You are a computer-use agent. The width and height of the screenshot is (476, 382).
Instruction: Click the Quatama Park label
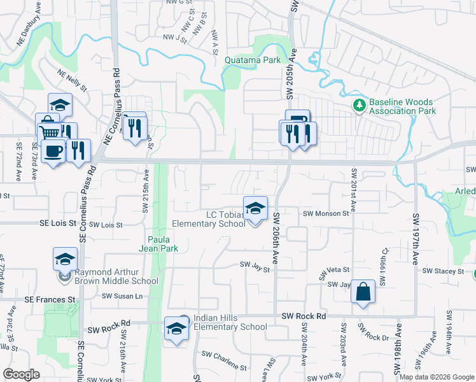pyautogui.click(x=253, y=60)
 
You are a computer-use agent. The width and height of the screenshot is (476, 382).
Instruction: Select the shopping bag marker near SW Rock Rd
pyautogui.click(x=362, y=292)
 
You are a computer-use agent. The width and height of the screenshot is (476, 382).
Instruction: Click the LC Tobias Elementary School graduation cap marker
pyautogui.click(x=255, y=209)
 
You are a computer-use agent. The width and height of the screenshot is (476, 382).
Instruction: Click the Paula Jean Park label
pyautogui.click(x=159, y=244)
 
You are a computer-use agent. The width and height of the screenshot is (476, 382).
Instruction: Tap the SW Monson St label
pyautogui.click(x=326, y=215)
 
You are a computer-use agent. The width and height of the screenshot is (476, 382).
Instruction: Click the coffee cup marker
pyautogui.click(x=53, y=152)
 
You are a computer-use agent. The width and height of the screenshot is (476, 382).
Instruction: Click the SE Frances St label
pyautogui.click(x=50, y=299)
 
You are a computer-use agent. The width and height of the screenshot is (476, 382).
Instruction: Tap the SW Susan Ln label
pyautogui.click(x=122, y=296)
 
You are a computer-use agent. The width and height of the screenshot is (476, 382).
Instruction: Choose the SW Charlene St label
pyautogui.click(x=223, y=361)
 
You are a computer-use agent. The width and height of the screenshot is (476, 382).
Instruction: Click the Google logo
pyautogui.click(x=21, y=375)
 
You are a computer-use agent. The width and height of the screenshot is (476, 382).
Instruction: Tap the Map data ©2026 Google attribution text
pyautogui.click(x=436, y=377)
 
